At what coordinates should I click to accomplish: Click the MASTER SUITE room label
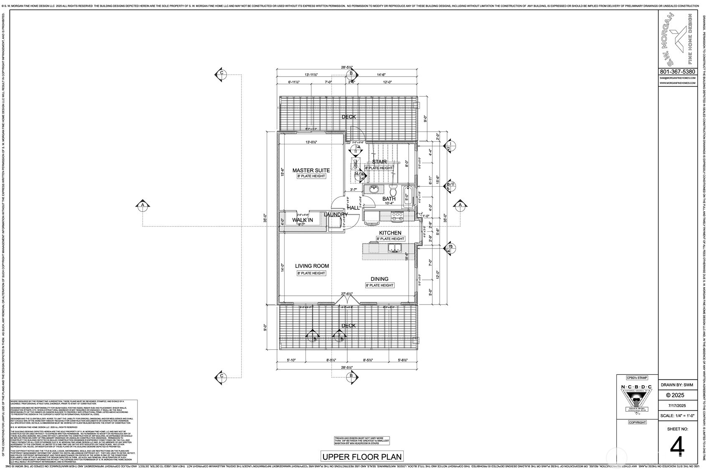tap(311, 170)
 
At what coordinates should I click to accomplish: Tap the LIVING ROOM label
tap(312, 266)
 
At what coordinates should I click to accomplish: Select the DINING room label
tap(379, 279)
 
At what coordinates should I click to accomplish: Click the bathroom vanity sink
tap(373, 190)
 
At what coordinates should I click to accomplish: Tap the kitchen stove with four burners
tap(397, 216)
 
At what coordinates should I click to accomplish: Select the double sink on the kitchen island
tap(395, 249)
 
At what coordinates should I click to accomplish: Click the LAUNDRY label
tap(336, 215)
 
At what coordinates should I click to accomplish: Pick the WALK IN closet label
tap(302, 220)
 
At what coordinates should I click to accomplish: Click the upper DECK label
tap(349, 117)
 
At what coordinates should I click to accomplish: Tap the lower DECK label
tap(349, 325)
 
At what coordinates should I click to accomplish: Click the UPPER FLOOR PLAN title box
tap(362, 456)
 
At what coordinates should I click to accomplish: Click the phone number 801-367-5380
tap(677, 72)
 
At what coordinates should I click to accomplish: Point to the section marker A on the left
tap(143, 205)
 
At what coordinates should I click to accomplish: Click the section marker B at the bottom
tap(351, 376)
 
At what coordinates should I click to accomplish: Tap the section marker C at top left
tap(222, 73)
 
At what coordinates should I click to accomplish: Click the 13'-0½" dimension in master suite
tap(311, 142)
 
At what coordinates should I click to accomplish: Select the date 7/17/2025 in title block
tap(677, 406)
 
